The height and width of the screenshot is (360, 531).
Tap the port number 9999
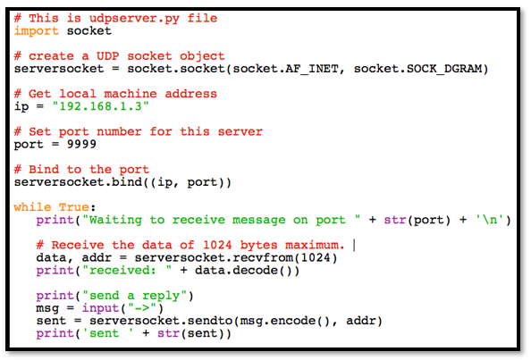[x=73, y=144]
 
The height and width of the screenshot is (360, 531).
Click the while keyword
[x=32, y=207]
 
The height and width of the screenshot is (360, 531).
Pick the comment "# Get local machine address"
[x=115, y=93]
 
